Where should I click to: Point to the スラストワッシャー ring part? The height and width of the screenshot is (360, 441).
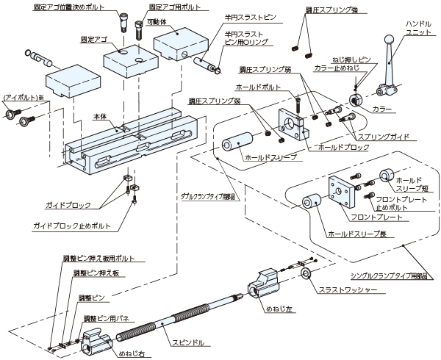pos(305,276)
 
